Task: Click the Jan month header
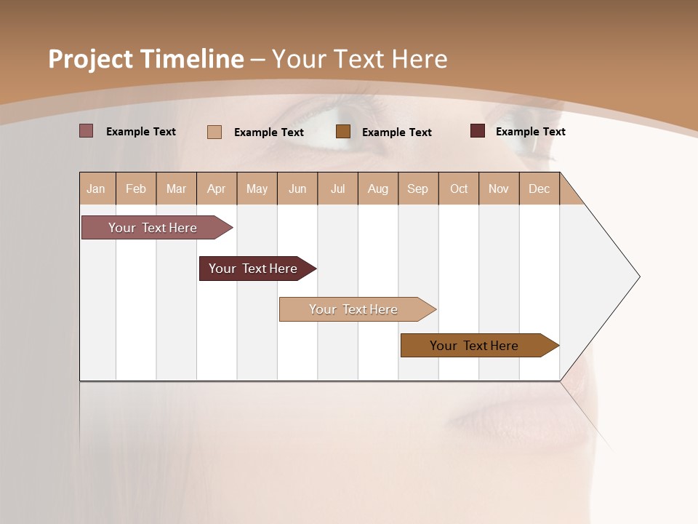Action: (96, 188)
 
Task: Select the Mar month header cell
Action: (176, 188)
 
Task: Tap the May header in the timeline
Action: (257, 188)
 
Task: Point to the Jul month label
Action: (337, 188)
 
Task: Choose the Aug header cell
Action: (377, 188)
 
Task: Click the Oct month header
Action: (459, 188)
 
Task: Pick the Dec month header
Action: (539, 188)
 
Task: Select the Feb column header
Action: (136, 188)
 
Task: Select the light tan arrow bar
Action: (354, 309)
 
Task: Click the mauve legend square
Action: (86, 131)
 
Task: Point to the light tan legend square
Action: (214, 132)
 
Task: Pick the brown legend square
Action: (343, 131)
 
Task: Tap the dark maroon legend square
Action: (477, 131)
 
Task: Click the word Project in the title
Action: (91, 59)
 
